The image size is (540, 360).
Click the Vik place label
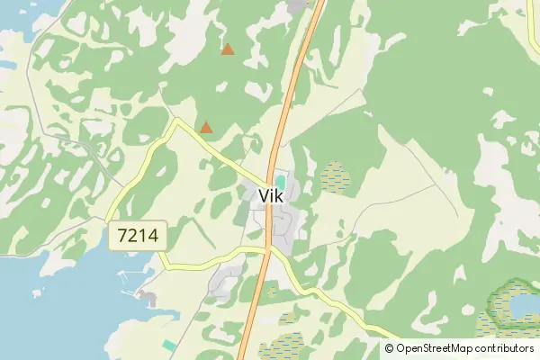(x=277, y=196)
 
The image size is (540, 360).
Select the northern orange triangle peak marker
(x=228, y=49)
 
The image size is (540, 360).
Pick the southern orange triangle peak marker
(x=206, y=128)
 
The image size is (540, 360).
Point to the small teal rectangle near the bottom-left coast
(x=169, y=345)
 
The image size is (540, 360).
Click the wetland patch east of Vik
(x=336, y=176)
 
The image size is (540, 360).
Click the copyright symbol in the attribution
(x=390, y=348)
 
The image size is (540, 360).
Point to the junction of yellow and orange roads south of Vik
(x=268, y=247)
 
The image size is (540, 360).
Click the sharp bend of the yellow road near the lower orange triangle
(x=177, y=121)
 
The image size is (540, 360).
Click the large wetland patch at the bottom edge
(x=286, y=346)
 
